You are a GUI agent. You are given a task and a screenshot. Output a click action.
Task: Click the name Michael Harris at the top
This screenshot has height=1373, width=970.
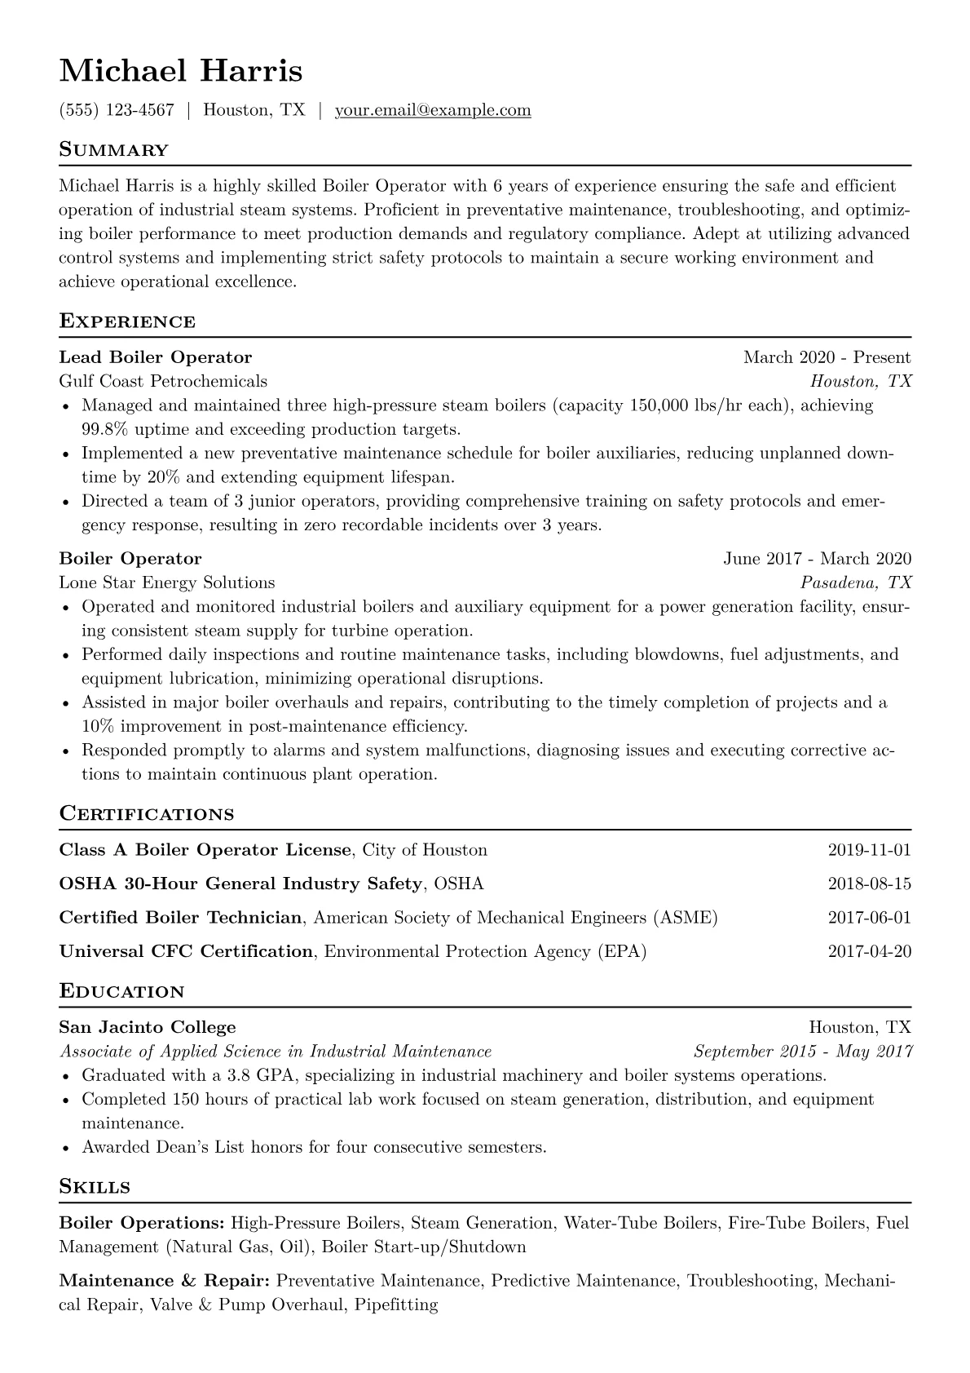(x=181, y=71)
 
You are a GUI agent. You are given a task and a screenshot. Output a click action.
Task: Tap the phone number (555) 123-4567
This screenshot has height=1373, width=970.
(x=117, y=110)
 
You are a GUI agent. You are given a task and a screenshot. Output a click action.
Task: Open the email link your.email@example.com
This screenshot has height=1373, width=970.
(x=433, y=110)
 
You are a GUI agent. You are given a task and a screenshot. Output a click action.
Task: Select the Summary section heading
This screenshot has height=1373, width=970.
(x=114, y=150)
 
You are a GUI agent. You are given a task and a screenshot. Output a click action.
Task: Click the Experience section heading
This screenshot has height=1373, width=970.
(x=127, y=321)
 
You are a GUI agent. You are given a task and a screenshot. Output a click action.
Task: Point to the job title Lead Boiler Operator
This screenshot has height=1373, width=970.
(x=156, y=357)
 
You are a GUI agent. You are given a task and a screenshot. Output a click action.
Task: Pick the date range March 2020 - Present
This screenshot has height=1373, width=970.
(x=827, y=357)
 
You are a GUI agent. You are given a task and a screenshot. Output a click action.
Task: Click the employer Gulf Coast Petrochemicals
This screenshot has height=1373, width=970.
(x=163, y=381)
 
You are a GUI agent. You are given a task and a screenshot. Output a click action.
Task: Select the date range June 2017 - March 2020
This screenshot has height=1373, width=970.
(x=817, y=559)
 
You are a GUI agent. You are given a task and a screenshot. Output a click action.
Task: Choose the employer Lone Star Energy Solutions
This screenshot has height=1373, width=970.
(x=167, y=582)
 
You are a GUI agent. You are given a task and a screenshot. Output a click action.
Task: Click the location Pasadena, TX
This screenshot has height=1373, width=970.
(x=856, y=582)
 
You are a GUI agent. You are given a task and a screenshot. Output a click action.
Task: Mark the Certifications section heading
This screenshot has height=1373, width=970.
(x=147, y=814)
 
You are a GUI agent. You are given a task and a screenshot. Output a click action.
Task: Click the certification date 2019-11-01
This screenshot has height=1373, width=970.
(x=869, y=850)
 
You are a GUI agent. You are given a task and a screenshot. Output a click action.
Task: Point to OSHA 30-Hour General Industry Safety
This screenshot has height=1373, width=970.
(x=241, y=884)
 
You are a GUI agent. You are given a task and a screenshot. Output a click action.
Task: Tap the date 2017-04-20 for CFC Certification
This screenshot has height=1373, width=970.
(x=869, y=951)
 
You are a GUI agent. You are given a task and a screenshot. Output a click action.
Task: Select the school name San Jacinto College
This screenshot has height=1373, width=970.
(x=148, y=1027)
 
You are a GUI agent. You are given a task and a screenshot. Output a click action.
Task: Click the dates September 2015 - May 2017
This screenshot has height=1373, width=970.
(x=803, y=1052)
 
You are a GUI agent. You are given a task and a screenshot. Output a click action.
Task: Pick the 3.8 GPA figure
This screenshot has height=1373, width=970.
(x=253, y=1075)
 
